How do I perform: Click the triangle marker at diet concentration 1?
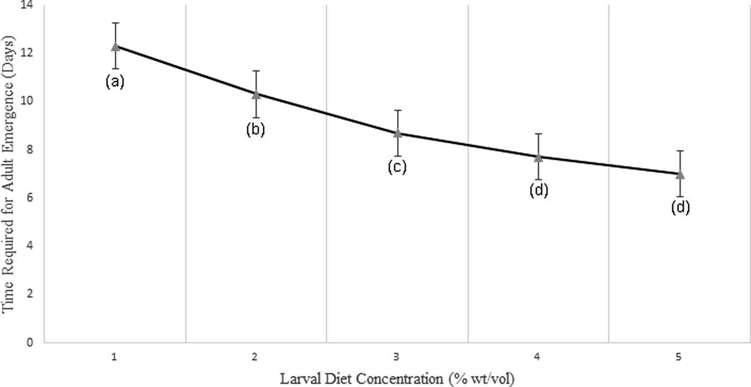click(x=115, y=46)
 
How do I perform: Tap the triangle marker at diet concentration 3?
click(x=397, y=133)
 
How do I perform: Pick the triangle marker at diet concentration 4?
click(x=539, y=157)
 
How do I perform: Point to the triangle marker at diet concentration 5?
click(x=680, y=174)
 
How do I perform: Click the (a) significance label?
click(x=115, y=81)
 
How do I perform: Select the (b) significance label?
click(x=256, y=130)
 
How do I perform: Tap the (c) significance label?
click(x=397, y=167)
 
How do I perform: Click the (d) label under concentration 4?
click(x=539, y=190)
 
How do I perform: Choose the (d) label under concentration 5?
click(x=680, y=207)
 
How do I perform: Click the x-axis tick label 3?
click(x=397, y=356)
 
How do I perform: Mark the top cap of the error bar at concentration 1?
click(x=115, y=23)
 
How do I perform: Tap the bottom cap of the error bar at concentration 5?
click(x=680, y=196)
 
